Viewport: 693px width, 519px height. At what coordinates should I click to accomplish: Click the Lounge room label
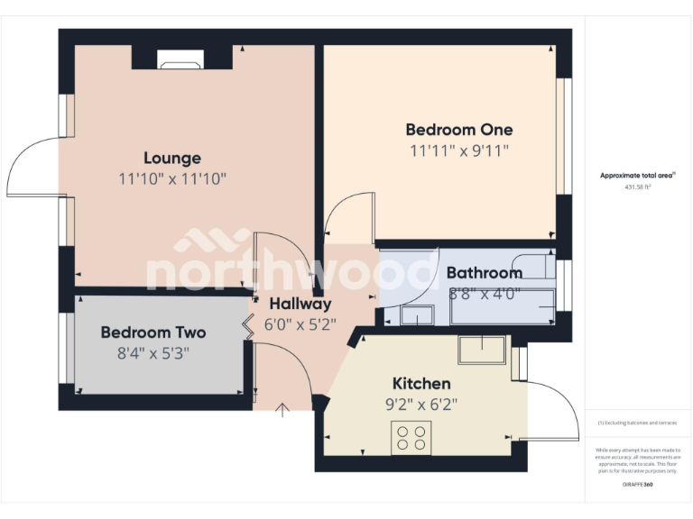click(x=171, y=159)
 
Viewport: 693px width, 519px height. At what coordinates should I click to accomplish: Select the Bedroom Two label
click(x=152, y=332)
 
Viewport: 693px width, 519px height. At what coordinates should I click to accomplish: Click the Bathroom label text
click(x=484, y=272)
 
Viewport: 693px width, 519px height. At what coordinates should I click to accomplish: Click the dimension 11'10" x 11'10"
click(x=171, y=179)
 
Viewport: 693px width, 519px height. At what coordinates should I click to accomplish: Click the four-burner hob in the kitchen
click(x=411, y=438)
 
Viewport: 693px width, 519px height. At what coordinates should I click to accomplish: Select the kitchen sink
click(x=482, y=350)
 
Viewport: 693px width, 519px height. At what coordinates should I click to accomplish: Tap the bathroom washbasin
click(x=416, y=314)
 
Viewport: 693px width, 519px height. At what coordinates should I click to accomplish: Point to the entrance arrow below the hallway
click(x=282, y=411)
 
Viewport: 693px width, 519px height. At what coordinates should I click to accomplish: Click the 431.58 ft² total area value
click(x=638, y=187)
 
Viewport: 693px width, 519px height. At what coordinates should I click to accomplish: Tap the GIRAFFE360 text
click(x=638, y=485)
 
